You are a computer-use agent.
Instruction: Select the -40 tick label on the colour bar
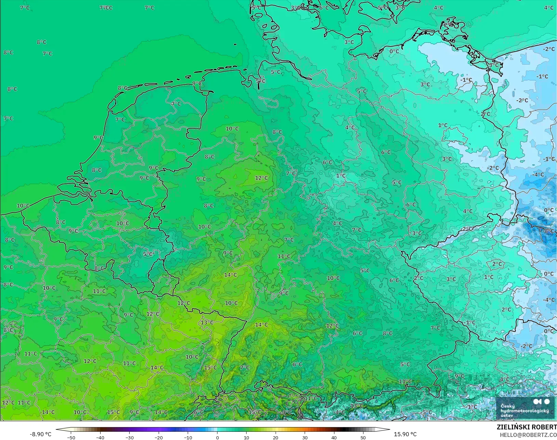100,437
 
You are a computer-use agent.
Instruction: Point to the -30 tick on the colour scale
129,437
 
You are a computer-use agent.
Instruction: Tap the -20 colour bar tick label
159,437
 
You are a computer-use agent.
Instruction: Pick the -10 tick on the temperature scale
188,437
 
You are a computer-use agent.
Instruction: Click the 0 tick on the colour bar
217,437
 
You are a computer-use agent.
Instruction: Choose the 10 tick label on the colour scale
246,437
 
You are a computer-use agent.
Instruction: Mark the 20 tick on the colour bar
276,437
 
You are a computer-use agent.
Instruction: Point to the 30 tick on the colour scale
305,437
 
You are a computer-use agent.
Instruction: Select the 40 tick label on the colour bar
334,437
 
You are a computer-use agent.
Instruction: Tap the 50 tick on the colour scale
363,437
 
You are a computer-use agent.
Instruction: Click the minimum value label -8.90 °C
40,434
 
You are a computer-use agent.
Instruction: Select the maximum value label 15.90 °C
405,434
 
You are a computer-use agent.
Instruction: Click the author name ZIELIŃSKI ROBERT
527,427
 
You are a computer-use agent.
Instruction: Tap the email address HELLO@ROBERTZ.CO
528,435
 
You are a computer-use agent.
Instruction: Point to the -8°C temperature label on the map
548,231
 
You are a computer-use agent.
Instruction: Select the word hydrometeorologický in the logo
525,411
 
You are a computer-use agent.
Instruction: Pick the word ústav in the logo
506,415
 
